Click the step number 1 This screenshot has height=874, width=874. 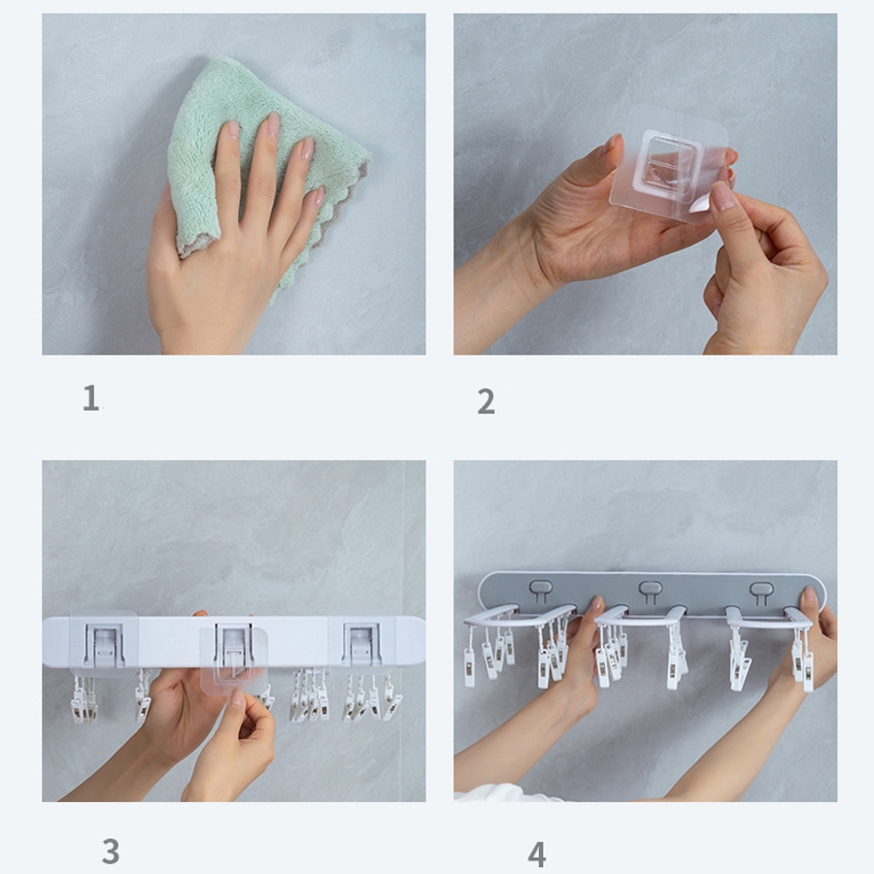pos(90,398)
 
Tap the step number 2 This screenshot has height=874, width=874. pos(487,401)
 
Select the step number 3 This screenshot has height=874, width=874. pos(111,851)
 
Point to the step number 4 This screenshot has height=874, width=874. pos(537,855)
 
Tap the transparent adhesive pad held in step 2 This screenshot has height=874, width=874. pos(669,164)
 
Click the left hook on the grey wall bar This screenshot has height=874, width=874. pos(541,590)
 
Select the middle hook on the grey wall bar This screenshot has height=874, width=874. pos(650,590)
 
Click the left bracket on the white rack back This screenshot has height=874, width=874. pos(104,644)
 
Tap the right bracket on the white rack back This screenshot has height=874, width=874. pos(361,644)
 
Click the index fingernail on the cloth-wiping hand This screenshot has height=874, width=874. pos(232,130)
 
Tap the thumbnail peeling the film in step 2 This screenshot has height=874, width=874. pos(723,196)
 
